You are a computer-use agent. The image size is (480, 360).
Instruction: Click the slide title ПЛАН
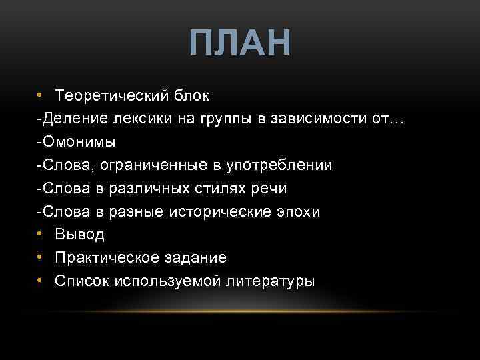240,44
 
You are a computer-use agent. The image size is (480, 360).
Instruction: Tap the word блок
191,96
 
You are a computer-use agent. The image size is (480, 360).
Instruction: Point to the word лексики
136,119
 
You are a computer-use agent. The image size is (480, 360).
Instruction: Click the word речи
269,189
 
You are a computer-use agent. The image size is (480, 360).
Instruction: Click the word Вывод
80,235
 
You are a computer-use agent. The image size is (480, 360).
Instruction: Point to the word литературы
271,281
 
